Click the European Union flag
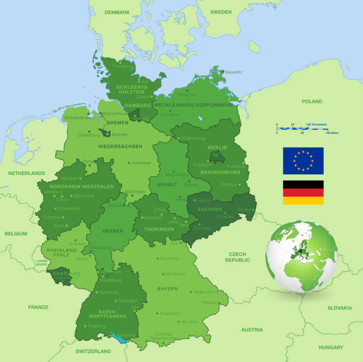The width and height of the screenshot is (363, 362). click(303, 161)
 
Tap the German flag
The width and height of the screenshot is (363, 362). click(303, 193)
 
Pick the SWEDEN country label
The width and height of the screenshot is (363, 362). click(221, 12)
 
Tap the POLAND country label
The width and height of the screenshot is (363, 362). click(311, 101)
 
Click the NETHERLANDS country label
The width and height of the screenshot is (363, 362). click(27, 173)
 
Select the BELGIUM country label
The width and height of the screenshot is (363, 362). click(16, 233)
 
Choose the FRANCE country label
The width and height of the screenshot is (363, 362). click(38, 307)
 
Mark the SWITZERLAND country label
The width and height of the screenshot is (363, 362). click(94, 351)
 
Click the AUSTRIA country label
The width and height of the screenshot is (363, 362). click(251, 329)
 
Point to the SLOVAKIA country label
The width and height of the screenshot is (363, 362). click(340, 307)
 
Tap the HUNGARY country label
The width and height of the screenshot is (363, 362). click(330, 347)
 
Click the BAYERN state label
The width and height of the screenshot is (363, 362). click(167, 289)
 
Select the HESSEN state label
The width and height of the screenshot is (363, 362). click(113, 231)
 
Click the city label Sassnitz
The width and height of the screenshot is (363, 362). click(234, 72)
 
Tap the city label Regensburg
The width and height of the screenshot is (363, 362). click(206, 291)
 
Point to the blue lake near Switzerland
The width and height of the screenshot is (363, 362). click(122, 337)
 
